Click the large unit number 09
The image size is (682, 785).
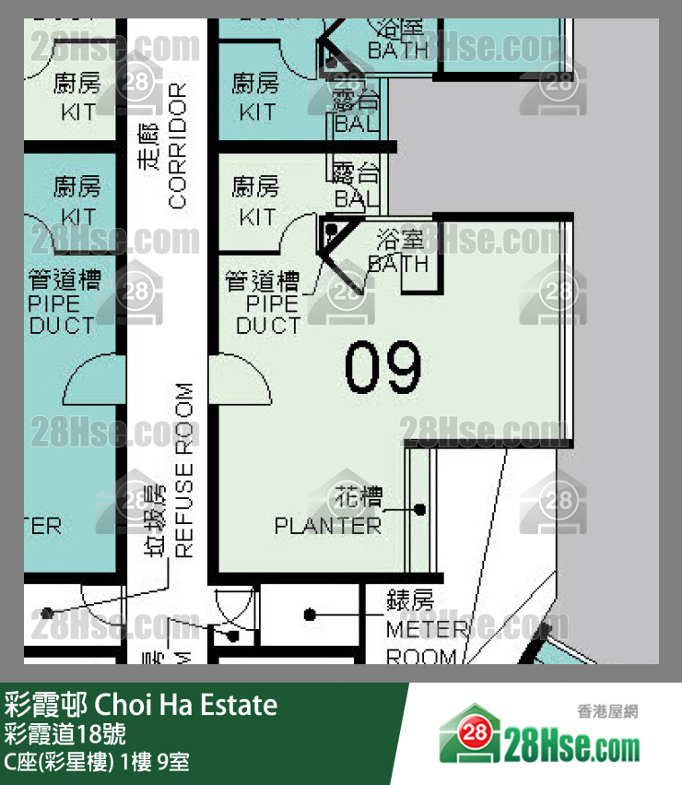(382, 366)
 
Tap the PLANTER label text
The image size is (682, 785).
(327, 526)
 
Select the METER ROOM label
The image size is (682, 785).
(421, 643)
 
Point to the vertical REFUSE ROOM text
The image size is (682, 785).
(184, 470)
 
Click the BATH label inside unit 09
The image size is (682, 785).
(399, 264)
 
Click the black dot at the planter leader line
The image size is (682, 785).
(420, 508)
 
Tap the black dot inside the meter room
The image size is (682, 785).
(310, 614)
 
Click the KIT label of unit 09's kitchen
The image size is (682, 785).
(257, 218)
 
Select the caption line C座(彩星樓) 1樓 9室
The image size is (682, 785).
(97, 763)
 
